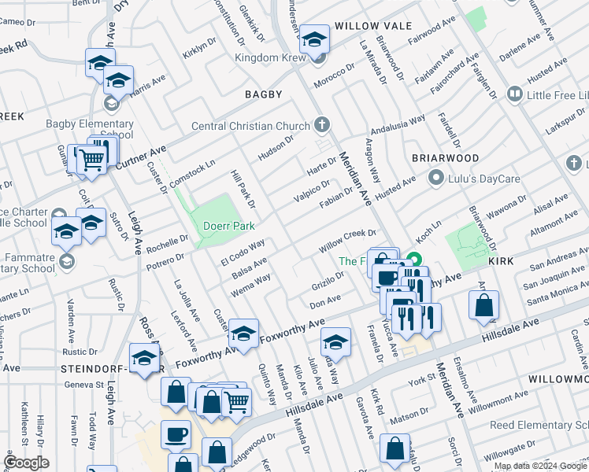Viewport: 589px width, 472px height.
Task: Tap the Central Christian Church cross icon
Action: click(321, 124)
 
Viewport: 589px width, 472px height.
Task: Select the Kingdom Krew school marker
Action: click(315, 41)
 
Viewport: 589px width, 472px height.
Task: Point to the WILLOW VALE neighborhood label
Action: click(372, 26)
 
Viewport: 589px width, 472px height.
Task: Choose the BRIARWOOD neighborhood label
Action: click(446, 158)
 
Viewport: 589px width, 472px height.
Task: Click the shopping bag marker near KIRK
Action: click(483, 305)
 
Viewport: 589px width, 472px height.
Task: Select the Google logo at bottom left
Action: click(26, 463)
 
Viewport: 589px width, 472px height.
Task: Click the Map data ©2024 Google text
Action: click(540, 466)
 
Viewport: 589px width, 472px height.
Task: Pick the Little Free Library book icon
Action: click(515, 95)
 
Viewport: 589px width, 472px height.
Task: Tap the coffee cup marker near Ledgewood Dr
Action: click(176, 434)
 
